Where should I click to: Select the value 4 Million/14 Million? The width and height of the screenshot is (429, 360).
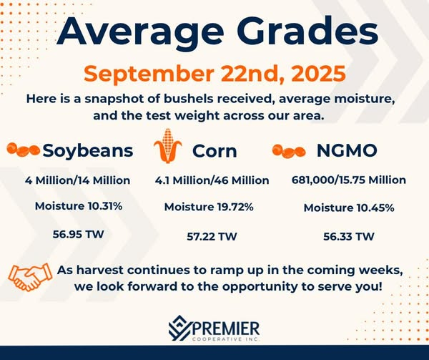click(77, 180)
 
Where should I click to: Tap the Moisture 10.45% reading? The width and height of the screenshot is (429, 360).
click(349, 208)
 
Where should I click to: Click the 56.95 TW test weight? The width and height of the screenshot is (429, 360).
click(75, 233)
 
